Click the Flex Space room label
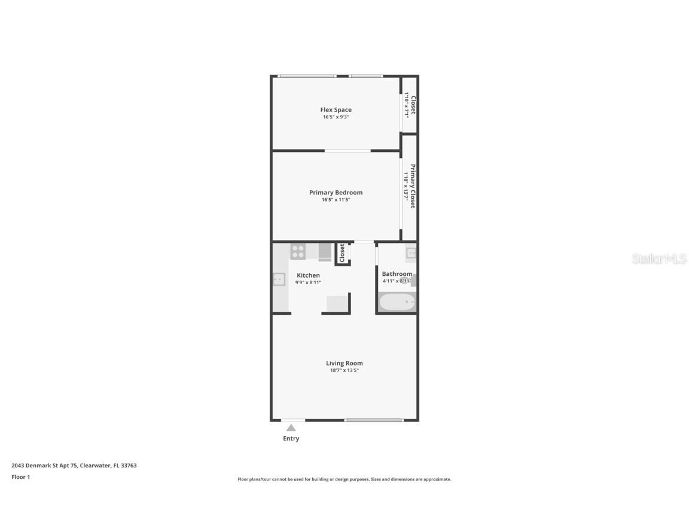coord(336,110)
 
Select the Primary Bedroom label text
coord(336,192)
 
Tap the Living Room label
coord(344,363)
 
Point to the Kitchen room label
coord(308,275)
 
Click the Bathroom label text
coord(397,274)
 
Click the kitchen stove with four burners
coord(298,251)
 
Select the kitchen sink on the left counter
coord(279,279)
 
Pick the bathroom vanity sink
coord(411,253)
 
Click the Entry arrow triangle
coord(291,427)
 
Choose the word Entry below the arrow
coord(291,439)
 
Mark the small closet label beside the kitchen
coord(342,253)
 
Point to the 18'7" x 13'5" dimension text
coord(344,370)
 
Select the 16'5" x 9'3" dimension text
coord(336,117)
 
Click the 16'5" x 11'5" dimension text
coord(336,200)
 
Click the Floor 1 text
coord(20,477)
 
